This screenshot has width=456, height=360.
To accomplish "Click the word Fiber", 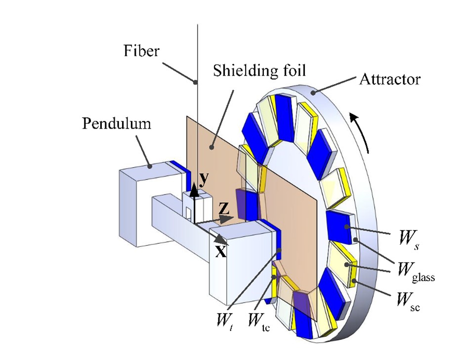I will coord(142,50).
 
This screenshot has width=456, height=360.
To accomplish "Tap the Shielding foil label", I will coord(260,71).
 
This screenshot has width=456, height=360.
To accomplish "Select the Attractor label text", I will coord(390,79).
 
